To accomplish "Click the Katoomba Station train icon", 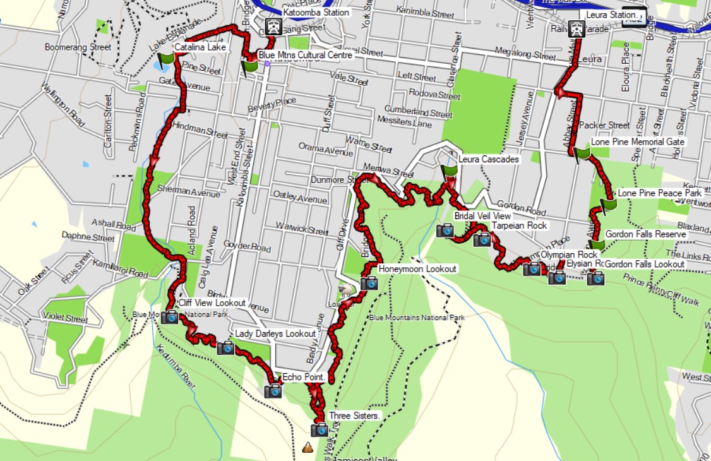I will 273,27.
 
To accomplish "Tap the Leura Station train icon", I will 575,28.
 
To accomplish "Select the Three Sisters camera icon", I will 320,430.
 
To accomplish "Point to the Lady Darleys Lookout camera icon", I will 225,347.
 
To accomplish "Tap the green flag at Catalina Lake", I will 166,61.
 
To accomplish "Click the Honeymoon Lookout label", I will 417,269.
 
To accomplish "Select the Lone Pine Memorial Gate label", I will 638,142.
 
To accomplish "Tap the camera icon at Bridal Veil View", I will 445,230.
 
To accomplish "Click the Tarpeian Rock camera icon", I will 482,239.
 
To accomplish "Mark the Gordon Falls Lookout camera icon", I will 595,278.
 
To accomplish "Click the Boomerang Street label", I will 78,47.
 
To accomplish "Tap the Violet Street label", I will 64,319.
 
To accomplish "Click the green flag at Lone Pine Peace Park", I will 608,204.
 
